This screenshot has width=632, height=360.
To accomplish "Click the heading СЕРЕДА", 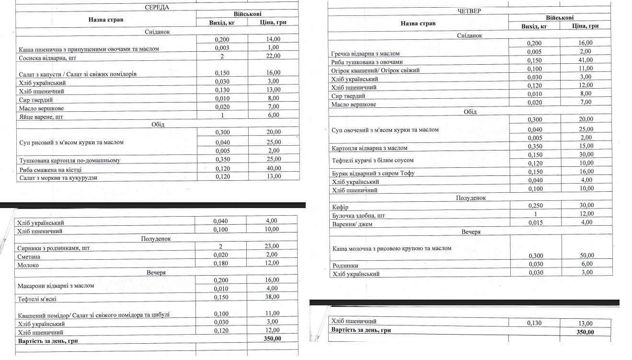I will (x=157, y=7).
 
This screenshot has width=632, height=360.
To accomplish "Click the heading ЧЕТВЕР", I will (x=469, y=11).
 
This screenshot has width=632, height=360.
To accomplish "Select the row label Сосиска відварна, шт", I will (x=47, y=58).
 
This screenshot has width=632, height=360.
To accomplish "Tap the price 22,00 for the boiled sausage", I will (x=273, y=56).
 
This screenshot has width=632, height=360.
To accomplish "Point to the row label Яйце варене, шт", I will (x=41, y=117).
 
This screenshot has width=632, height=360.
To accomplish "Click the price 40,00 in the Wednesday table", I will (x=274, y=168).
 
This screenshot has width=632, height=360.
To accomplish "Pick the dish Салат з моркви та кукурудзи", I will (x=61, y=178).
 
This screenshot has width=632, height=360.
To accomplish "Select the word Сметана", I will (x=29, y=257).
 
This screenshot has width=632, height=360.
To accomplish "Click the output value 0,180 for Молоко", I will (x=220, y=263).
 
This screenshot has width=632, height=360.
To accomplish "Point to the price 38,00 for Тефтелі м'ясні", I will (x=272, y=297).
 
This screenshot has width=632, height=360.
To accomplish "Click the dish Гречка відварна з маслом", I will (x=365, y=54).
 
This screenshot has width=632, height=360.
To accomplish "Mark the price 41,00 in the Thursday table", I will (x=585, y=60).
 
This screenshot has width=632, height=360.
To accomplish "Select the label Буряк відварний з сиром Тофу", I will (x=373, y=174).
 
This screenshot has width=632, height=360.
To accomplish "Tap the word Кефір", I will (x=340, y=208).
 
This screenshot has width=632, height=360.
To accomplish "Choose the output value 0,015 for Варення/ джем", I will (x=535, y=222).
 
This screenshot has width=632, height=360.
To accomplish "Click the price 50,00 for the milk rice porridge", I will (x=585, y=256).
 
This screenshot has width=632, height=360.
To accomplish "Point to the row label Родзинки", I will (x=345, y=266).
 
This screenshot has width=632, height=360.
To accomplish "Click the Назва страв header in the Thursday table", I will (x=418, y=23).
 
